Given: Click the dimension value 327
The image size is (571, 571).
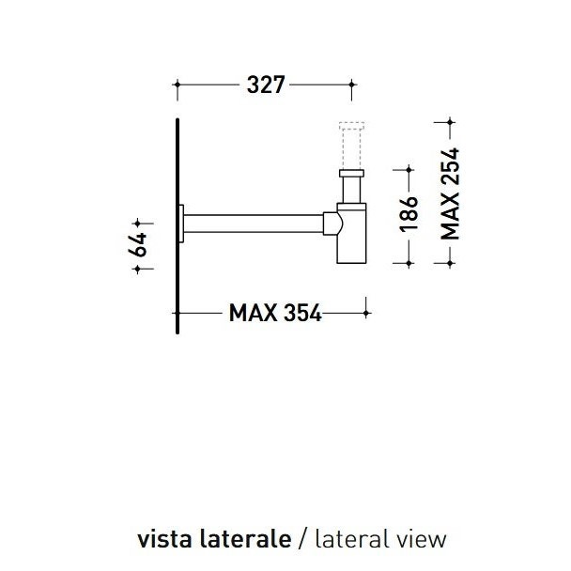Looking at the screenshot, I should click(x=266, y=85).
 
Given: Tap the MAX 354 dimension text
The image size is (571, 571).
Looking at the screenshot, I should click(x=275, y=313).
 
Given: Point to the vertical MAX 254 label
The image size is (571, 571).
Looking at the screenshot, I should click(x=451, y=193).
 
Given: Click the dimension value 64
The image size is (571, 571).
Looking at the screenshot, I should click(x=138, y=246).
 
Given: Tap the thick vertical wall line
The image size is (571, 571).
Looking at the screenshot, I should click(x=177, y=225).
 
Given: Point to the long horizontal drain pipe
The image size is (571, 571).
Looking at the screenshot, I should click(x=254, y=224).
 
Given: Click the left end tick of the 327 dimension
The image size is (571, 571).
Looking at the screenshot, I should click(x=177, y=85).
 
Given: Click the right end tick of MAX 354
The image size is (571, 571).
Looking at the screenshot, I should click(x=366, y=312).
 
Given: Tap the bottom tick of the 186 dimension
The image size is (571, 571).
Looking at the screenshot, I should click(x=409, y=266).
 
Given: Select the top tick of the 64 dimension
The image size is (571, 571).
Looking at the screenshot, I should click(x=138, y=224).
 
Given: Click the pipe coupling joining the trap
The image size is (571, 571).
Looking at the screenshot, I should click(x=332, y=224).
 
